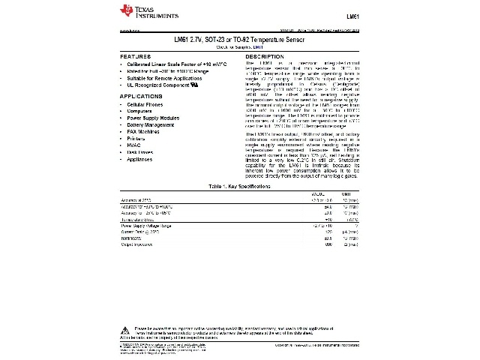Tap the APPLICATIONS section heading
[142, 97]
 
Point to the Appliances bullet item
[140, 159]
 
